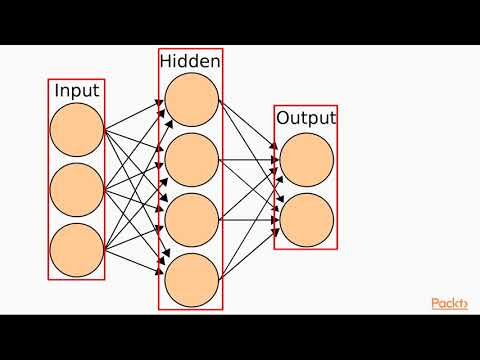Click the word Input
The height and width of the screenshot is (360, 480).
coord(76,91)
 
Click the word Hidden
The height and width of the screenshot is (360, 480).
coord(190,62)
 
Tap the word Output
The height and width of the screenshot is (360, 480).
coord(306,118)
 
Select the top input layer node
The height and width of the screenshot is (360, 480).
coord(76,130)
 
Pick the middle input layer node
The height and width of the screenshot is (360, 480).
coord(76,189)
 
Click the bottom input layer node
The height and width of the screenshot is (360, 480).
coord(76,249)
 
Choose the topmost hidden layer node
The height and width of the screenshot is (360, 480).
coord(191,100)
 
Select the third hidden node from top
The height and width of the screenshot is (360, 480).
coord(191,219)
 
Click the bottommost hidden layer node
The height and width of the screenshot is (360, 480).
coord(191,279)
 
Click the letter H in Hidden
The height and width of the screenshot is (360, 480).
coord(166,62)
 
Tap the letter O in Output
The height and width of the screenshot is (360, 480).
coord(283,118)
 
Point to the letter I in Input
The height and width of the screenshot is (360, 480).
coord(57,91)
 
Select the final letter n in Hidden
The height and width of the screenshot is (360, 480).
coord(215,62)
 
